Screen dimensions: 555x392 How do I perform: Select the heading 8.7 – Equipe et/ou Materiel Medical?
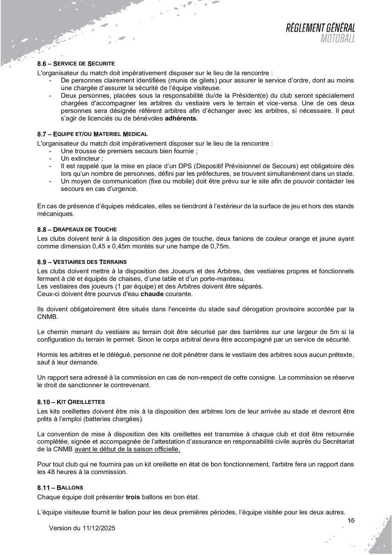coord(93,134)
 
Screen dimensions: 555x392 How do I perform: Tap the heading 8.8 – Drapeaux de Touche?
coord(77,229)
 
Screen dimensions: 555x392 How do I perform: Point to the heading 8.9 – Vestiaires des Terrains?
coord(82,261)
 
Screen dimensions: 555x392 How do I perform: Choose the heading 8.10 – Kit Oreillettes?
coord(71,402)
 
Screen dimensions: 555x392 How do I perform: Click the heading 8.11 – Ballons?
coord(61,487)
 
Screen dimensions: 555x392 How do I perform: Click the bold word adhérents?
coord(181,118)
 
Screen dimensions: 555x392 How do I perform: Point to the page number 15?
coord(351,520)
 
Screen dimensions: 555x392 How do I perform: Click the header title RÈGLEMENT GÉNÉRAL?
coord(321,28)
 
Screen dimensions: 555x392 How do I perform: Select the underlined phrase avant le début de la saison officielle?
coord(127,450)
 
